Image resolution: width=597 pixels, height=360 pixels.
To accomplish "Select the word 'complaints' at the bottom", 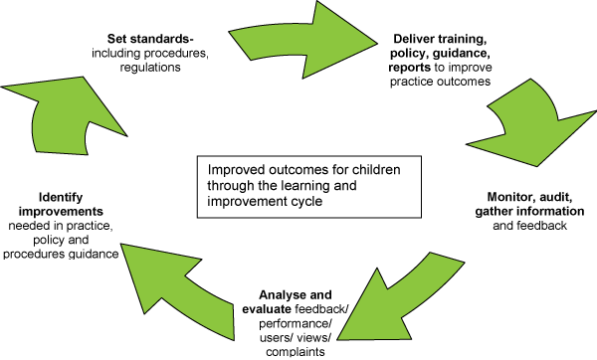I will [287, 351].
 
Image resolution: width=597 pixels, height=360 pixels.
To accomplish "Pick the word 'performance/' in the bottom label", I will [287, 323].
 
